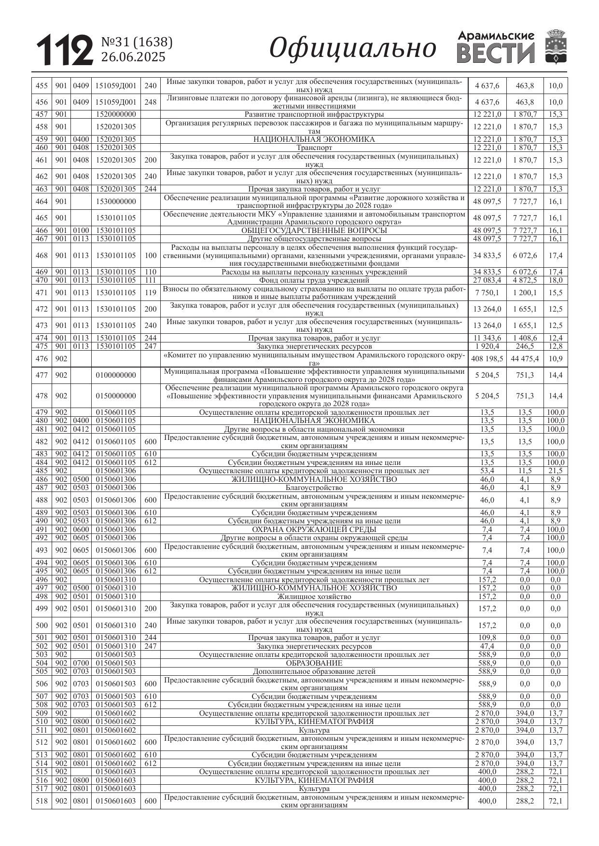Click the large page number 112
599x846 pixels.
(65, 50)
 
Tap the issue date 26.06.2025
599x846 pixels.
(133, 57)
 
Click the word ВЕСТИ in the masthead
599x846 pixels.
(496, 54)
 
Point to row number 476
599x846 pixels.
(42, 359)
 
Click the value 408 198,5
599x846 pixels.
(487, 359)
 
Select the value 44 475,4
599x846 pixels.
(525, 359)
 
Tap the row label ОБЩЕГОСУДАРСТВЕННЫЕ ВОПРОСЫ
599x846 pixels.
(314, 231)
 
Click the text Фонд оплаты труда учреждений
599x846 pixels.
(314, 280)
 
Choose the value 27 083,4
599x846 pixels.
(487, 280)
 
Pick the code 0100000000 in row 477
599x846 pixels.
(116, 375)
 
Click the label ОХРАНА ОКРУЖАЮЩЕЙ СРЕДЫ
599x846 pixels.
(314, 530)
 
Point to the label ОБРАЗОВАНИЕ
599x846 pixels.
(314, 663)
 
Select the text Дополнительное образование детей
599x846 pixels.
(314, 671)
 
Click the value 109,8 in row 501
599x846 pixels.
(487, 638)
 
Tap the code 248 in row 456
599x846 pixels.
(151, 102)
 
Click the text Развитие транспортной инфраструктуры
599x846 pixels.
(314, 115)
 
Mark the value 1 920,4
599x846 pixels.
(487, 346)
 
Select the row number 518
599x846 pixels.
(42, 801)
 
